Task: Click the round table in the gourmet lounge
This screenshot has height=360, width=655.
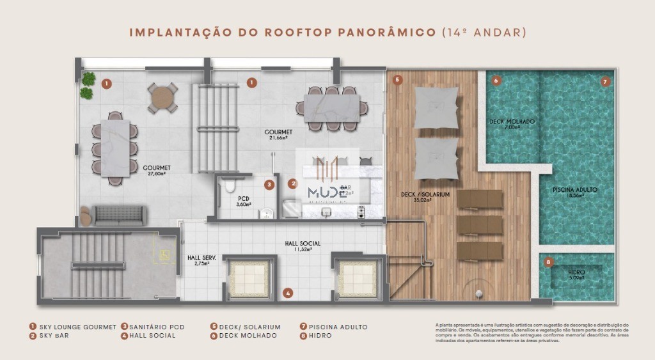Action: [162, 99]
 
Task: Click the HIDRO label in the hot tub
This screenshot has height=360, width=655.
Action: [576, 274]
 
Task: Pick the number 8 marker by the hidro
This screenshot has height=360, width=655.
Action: [548, 262]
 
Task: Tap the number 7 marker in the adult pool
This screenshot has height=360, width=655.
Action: [605, 81]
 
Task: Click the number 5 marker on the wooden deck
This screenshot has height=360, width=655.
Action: [397, 80]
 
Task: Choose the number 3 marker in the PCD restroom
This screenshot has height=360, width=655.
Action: [269, 185]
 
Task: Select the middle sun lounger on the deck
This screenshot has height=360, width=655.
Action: [479, 224]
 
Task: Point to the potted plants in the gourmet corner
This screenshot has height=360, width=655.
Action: [87, 86]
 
